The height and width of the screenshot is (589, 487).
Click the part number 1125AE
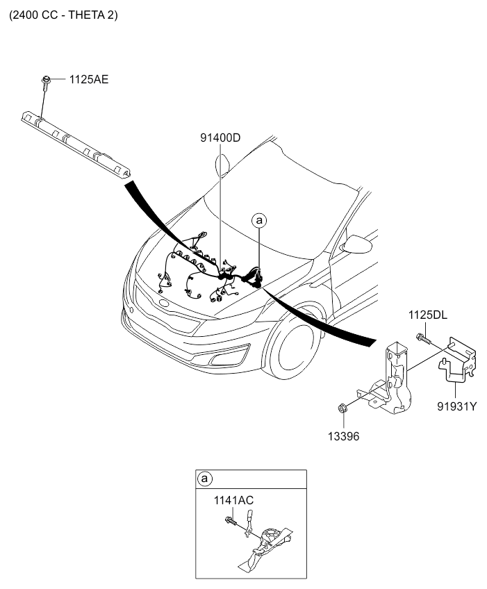[88, 80]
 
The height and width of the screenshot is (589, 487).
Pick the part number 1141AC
[234, 499]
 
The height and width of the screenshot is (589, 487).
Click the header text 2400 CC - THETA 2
[63, 15]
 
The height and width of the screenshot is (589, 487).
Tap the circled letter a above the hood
[258, 220]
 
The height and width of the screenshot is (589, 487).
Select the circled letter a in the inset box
[204, 479]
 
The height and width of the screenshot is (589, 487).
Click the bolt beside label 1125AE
[46, 82]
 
